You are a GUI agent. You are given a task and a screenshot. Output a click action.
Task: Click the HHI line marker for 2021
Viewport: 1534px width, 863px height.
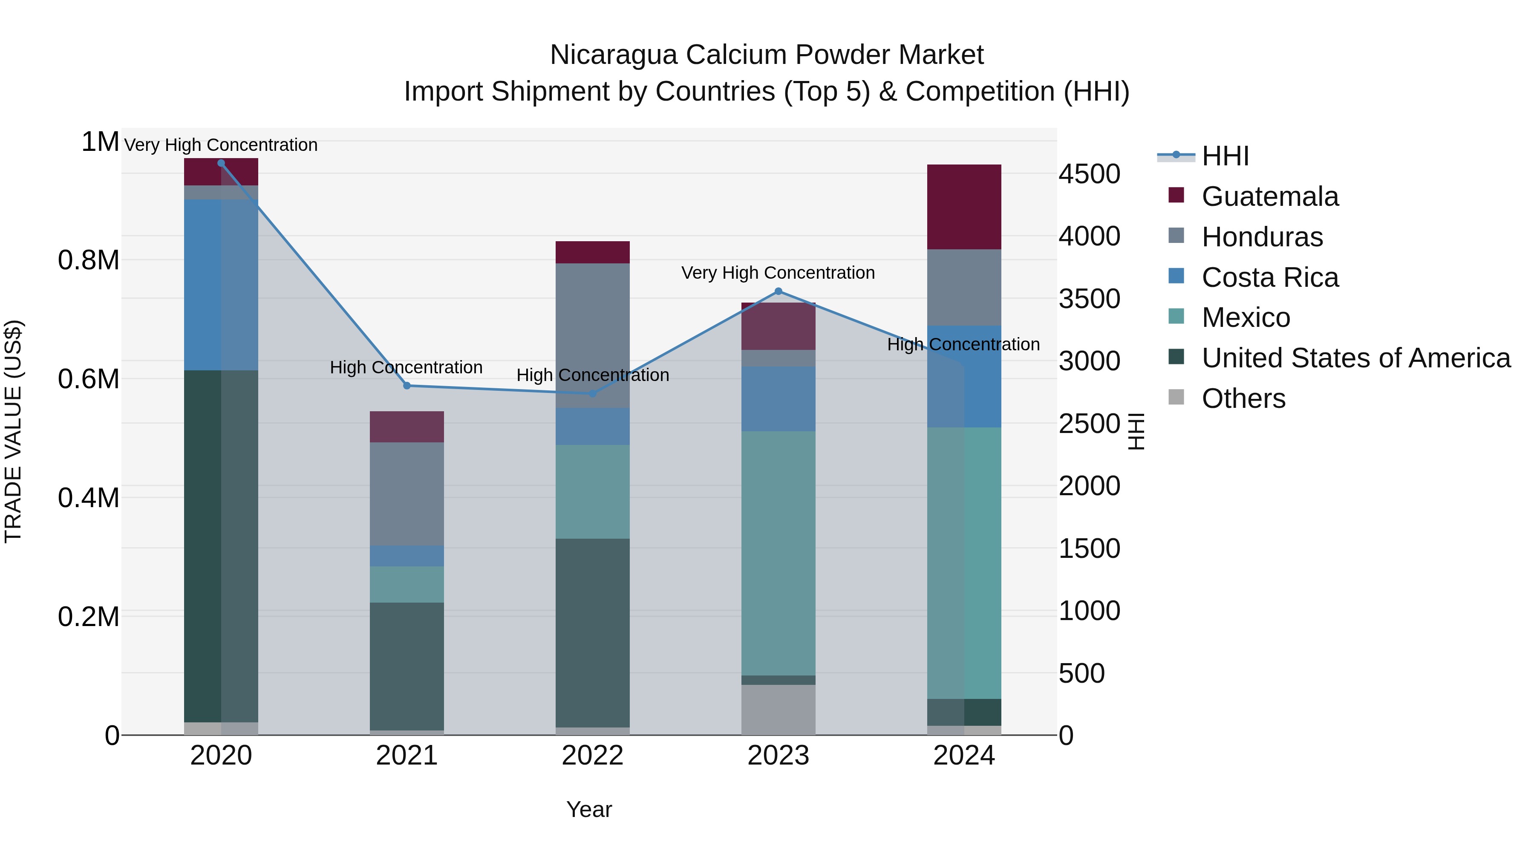407,385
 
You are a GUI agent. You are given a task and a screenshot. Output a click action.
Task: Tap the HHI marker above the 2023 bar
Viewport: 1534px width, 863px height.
778,291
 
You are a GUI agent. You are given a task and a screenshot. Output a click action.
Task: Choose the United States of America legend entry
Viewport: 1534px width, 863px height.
1355,358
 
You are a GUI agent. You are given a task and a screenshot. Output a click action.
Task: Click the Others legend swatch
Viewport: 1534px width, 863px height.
1176,397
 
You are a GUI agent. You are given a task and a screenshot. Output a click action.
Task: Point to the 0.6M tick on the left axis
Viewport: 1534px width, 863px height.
89,379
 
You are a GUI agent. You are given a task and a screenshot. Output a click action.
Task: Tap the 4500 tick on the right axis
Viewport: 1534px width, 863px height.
1089,174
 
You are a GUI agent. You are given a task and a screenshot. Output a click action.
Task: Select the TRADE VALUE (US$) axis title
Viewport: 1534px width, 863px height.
13,431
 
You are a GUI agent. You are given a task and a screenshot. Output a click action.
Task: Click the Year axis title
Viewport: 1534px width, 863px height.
589,809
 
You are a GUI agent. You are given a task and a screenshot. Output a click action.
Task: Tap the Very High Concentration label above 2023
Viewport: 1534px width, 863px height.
778,273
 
